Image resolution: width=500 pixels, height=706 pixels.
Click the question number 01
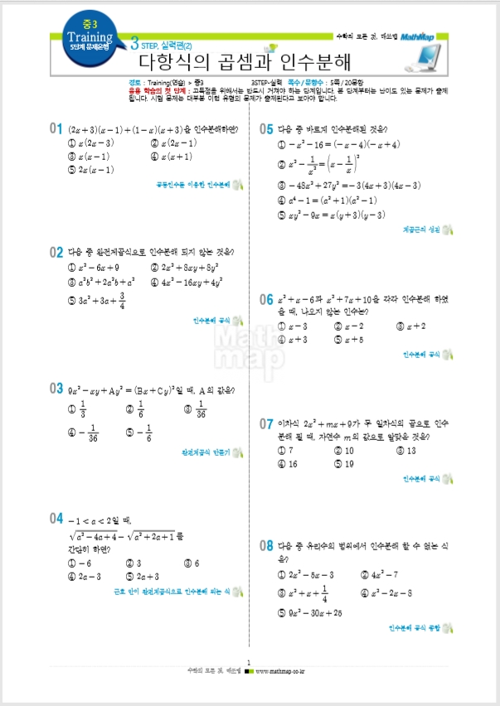56,128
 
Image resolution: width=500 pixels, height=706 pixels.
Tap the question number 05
266,128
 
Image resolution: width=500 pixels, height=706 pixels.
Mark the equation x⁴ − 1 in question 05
331,201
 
